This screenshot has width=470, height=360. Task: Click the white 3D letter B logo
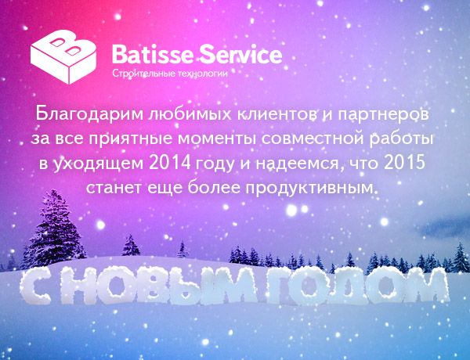tap(63, 56)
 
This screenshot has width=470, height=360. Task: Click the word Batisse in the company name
tap(152, 54)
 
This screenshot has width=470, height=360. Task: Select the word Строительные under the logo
tap(143, 74)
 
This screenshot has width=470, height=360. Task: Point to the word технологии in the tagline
tap(202, 74)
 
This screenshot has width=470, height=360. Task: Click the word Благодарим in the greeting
tap(89, 114)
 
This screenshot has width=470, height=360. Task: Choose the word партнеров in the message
tap(383, 115)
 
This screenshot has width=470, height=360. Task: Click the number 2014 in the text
tap(170, 163)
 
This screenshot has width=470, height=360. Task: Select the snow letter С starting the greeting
tap(35, 286)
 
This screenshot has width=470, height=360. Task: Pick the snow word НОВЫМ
tap(158, 286)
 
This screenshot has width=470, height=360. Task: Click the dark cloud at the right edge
tap(444, 227)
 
